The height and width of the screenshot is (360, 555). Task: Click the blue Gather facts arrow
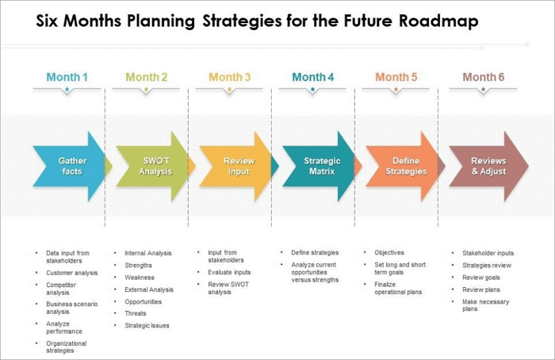(70, 166)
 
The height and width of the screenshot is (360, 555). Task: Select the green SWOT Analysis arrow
(154, 166)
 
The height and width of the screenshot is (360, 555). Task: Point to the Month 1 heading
(67, 77)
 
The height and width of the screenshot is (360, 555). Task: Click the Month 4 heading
(313, 77)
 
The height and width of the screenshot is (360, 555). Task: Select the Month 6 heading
(483, 77)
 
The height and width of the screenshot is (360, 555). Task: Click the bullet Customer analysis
(72, 273)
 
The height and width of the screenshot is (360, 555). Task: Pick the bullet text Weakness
(140, 278)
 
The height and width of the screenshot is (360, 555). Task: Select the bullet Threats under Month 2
(136, 313)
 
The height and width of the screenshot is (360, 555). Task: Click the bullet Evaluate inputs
(229, 271)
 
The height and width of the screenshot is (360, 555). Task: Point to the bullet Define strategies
(315, 253)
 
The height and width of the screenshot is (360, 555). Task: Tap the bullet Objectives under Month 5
(389, 253)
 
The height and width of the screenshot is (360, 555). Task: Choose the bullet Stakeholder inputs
(488, 253)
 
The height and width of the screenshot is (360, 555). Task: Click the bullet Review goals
(481, 278)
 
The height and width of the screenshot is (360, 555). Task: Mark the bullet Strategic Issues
(147, 325)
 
